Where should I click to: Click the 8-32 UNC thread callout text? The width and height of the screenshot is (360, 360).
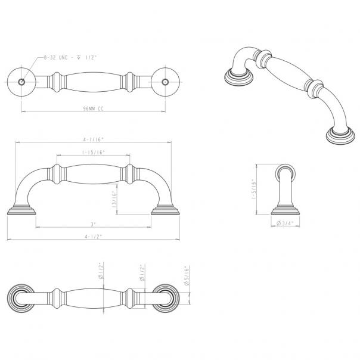point(68,57)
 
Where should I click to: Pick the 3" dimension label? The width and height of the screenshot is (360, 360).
point(94,225)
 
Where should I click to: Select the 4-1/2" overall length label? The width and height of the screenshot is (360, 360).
point(94,237)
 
